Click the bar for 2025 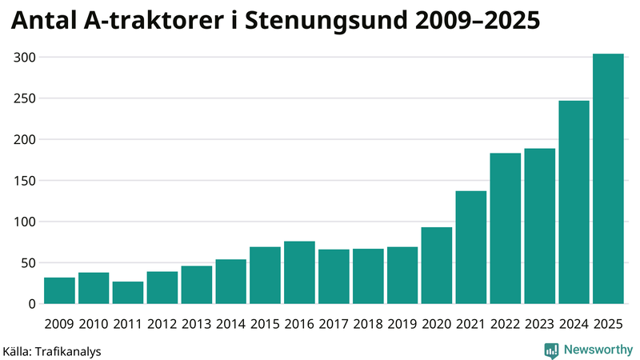click(608, 179)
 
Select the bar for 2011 click(128, 293)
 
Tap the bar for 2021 click(471, 247)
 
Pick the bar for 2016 click(299, 273)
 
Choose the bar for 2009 click(59, 290)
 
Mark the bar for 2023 click(540, 226)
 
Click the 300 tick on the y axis click(26, 58)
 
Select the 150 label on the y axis click(26, 181)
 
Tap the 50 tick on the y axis click(29, 263)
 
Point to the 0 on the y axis click(33, 304)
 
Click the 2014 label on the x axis click(230, 324)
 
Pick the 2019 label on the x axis click(402, 324)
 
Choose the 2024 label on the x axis click(574, 324)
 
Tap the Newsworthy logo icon click(551, 350)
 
